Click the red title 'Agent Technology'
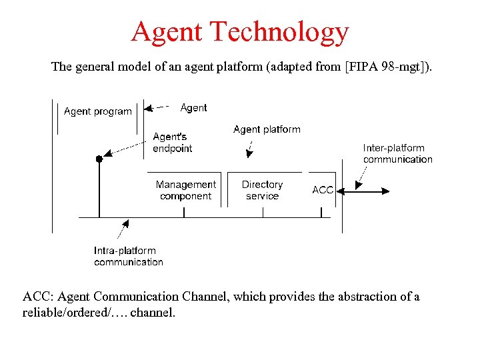pyautogui.click(x=239, y=31)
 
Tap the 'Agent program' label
pyautogui.click(x=98, y=111)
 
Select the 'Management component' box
pyautogui.click(x=185, y=190)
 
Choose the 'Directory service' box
pyautogui.click(x=262, y=190)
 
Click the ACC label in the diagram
pyautogui.click(x=323, y=190)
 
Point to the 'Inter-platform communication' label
pyautogui.click(x=397, y=153)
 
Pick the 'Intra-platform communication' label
pyautogui.click(x=128, y=257)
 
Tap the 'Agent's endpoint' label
pyautogui.click(x=172, y=143)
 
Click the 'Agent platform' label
pyautogui.click(x=267, y=129)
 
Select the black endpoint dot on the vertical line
pyautogui.click(x=99, y=159)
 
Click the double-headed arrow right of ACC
pyautogui.click(x=371, y=191)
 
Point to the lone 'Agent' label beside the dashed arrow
pyautogui.click(x=193, y=107)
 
